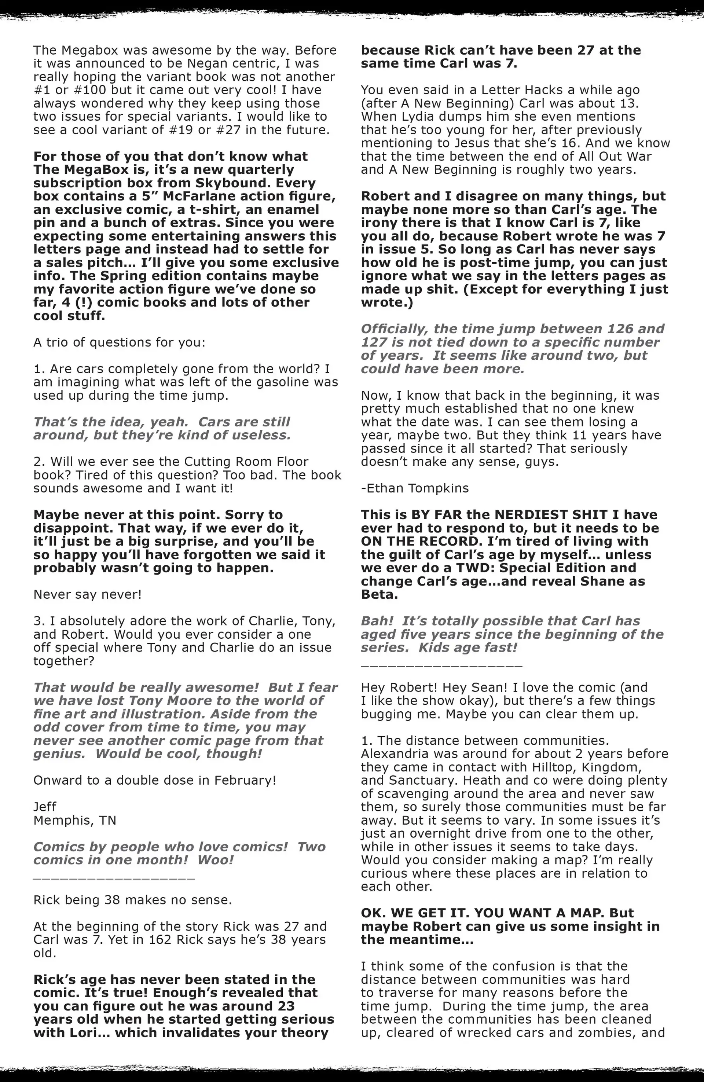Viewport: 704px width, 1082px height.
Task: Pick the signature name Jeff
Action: tap(45, 807)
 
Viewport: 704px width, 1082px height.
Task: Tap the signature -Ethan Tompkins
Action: tap(414, 488)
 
